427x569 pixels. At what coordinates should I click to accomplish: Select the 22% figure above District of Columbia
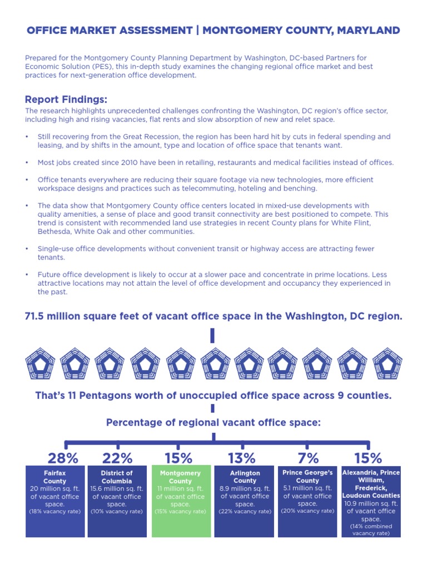coord(117,458)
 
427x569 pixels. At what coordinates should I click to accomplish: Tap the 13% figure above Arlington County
coord(242,458)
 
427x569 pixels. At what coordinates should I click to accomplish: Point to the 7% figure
coord(308,458)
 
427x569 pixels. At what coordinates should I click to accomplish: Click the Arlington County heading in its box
coord(245,477)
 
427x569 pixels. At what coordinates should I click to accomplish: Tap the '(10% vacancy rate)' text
coord(117,511)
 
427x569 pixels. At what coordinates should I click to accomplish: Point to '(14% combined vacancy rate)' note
coord(371,530)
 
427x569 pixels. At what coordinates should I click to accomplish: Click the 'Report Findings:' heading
coord(66,99)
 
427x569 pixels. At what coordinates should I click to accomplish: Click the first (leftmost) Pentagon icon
coord(40,363)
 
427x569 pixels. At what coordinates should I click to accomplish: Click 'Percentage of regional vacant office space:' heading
coord(213,423)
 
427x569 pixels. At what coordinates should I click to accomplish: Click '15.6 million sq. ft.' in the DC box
coord(117,488)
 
